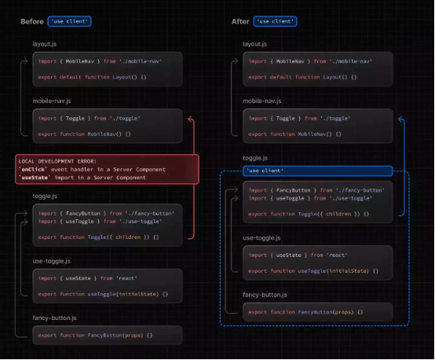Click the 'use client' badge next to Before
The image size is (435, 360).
coord(68,21)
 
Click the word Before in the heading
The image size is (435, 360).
coord(32,21)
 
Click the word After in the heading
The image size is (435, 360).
coord(241,21)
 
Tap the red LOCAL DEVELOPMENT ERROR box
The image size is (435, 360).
coord(106,170)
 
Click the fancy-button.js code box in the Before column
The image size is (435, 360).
coord(107,335)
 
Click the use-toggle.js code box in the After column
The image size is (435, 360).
coord(316,263)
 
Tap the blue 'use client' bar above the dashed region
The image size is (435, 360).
coord(315,170)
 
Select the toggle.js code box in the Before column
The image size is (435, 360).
coord(107,223)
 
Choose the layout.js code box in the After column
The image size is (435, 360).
coord(316,69)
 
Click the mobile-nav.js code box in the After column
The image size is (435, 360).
coord(316,126)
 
